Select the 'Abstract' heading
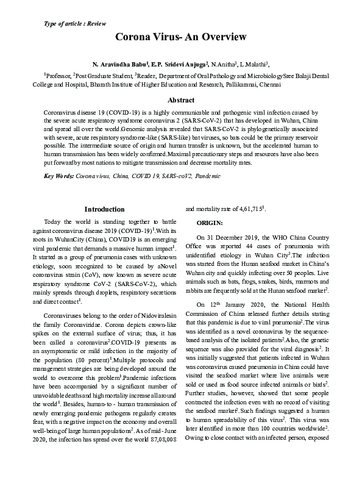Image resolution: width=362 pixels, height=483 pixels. pyautogui.click(x=181, y=100)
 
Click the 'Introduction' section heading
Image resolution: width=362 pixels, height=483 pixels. pyautogui.click(x=104, y=209)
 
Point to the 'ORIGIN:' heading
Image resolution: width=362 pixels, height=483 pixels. pyautogui.click(x=210, y=223)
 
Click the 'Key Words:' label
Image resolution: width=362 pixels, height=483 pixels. pyautogui.click(x=59, y=176)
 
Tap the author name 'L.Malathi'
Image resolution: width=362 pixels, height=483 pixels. pyautogui.click(x=253, y=63)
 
